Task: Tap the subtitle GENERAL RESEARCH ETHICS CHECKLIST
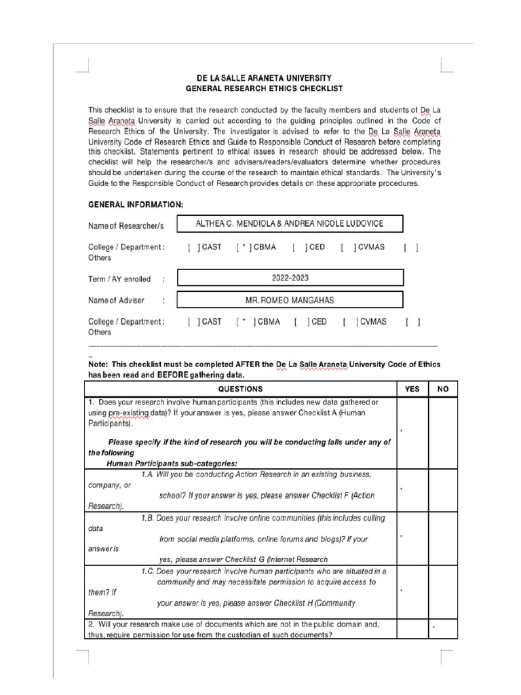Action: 265,89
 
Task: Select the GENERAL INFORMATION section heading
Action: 135,204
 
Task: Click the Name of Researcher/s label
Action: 126,225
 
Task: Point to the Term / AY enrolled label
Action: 120,279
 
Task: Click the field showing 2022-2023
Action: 290,278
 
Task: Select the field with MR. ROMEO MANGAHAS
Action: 290,299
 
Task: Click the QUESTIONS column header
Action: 240,389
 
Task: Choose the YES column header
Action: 412,389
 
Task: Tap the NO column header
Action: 443,389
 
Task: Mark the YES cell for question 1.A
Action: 412,489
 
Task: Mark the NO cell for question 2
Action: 443,628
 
